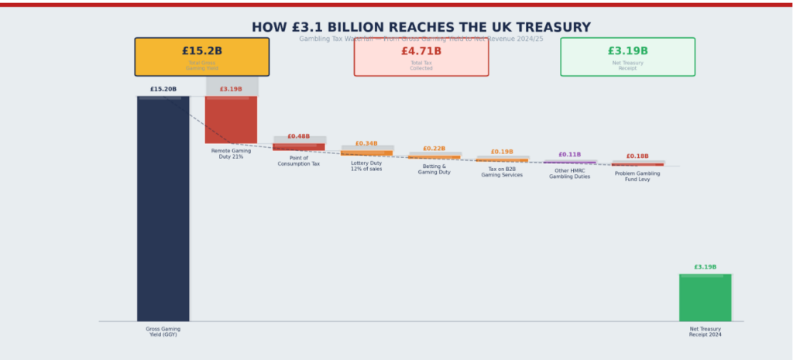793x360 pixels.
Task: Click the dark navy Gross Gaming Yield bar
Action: (163, 209)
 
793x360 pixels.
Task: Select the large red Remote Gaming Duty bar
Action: (231, 119)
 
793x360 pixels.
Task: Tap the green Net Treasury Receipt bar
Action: (705, 297)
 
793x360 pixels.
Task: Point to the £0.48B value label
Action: (298, 136)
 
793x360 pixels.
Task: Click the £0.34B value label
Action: (366, 143)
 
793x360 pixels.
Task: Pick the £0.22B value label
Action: (434, 149)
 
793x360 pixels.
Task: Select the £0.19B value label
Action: (502, 152)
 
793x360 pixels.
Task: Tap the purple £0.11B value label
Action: (569, 155)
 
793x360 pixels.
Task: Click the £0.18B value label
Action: (637, 156)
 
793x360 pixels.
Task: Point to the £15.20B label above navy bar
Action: (163, 89)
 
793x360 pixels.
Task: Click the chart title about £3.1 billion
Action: (421, 27)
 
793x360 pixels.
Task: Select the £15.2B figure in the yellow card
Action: (201, 51)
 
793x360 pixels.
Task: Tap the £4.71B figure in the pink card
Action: (421, 51)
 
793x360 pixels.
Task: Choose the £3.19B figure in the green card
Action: (627, 51)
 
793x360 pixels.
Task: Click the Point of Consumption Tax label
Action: (298, 161)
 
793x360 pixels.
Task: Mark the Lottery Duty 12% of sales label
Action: (366, 166)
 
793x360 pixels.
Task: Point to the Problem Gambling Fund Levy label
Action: (637, 177)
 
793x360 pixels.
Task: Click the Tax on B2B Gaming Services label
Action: (502, 172)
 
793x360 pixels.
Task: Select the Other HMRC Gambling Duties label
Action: (569, 173)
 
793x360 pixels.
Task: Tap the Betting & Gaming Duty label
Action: (434, 169)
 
